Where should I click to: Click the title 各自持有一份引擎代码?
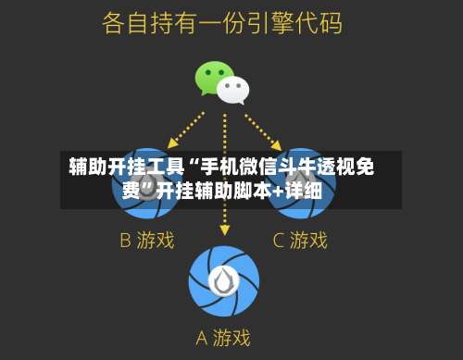click(222, 22)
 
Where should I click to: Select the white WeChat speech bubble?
click(233, 90)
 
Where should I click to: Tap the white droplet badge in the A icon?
click(224, 279)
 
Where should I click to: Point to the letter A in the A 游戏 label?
click(202, 338)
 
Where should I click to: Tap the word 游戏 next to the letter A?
click(232, 338)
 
